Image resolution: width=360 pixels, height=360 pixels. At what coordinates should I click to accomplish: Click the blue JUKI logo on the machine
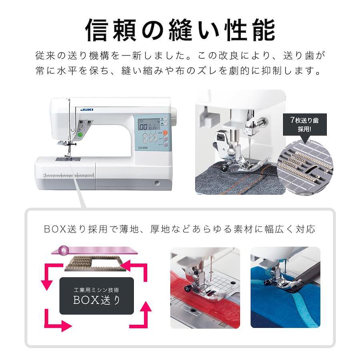87,110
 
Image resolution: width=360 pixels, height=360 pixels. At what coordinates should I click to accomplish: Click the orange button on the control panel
165,133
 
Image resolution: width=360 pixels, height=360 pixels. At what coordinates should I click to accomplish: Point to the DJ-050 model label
143,148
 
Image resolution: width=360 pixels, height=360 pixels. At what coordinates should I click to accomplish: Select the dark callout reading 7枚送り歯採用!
305,124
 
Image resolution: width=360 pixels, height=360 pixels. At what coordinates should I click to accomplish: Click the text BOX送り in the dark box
97,300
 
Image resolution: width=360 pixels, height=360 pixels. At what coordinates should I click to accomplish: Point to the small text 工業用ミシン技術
96,290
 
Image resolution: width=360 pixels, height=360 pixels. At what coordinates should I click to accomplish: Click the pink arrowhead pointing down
47,285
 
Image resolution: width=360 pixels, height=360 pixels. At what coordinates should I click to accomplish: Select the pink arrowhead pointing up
146,307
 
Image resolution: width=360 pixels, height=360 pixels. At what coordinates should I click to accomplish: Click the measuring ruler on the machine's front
68,176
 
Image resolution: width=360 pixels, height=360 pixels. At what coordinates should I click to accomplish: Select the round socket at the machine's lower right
157,183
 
